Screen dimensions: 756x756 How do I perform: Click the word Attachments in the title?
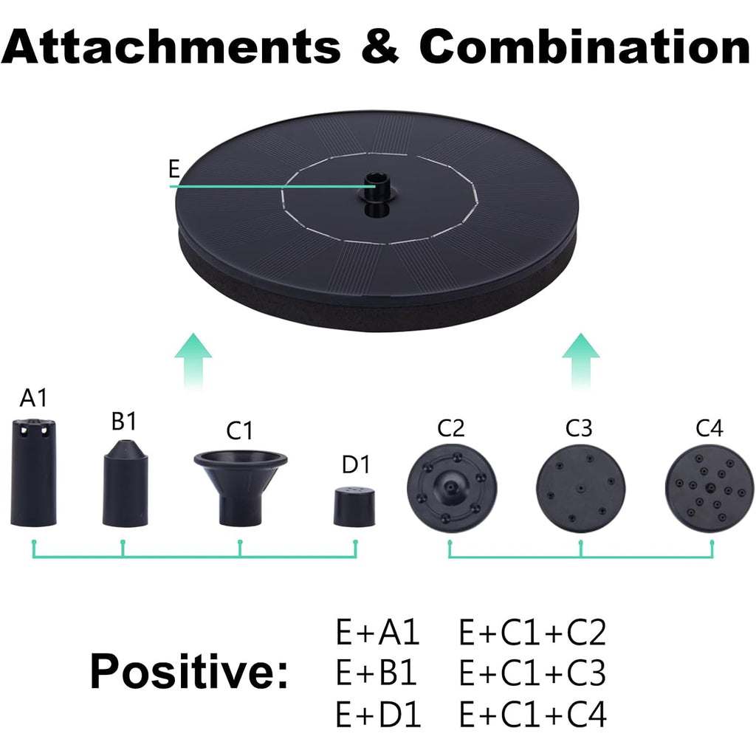[x=171, y=46]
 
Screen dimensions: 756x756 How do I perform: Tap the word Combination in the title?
[x=585, y=46]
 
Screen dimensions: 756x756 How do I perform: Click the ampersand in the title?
[x=380, y=46]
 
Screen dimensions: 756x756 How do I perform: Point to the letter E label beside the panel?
[x=174, y=169]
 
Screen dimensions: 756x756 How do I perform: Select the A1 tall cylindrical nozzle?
[x=33, y=472]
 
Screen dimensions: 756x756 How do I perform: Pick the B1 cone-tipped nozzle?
[x=126, y=483]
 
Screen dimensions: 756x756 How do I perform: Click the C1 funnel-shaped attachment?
[x=241, y=487]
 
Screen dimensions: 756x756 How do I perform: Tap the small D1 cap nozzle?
[x=354, y=506]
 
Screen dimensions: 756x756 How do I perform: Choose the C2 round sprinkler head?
[x=451, y=488]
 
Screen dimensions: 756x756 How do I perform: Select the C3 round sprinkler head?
[x=580, y=488]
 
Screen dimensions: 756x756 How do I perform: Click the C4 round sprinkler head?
[x=709, y=488]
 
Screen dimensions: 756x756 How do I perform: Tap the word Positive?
[x=189, y=670]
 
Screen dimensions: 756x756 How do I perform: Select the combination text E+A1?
[x=377, y=632]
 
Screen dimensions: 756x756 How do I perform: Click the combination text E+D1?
[x=378, y=714]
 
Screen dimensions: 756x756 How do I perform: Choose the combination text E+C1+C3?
[x=532, y=673]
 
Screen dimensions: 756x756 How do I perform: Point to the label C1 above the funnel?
[x=239, y=430]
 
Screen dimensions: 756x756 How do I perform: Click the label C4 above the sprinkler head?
[x=709, y=427]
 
